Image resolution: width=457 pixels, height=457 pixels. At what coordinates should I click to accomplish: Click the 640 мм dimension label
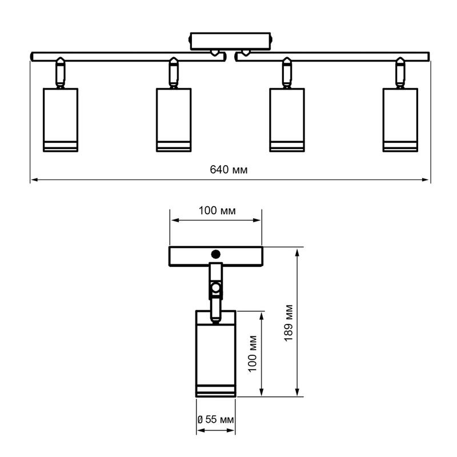228,169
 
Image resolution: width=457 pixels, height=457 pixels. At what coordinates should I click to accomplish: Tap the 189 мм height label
288,323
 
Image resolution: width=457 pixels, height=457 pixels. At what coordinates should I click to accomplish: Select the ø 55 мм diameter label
216,419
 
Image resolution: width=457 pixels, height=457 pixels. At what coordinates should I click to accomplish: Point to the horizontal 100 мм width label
217,210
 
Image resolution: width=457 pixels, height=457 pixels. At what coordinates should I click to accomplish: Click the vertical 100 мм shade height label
252,354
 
